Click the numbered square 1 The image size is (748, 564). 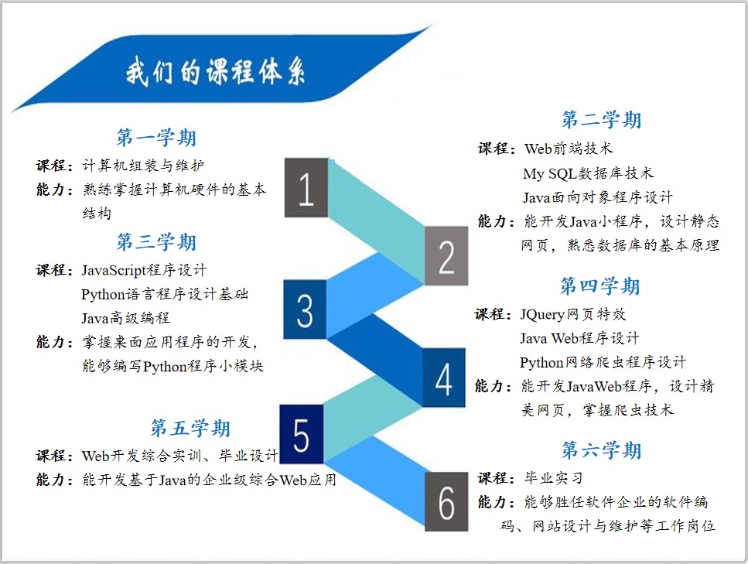coord(306,187)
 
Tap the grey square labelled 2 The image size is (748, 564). coord(446,256)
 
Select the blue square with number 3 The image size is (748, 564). coord(305,309)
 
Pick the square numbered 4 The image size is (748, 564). coord(444,378)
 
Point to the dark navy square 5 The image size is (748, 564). coord(302,434)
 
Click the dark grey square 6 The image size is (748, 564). coord(446,501)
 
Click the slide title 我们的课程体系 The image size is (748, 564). coord(216,72)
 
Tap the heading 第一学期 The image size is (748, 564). coord(156,138)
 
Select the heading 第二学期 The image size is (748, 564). coord(601,119)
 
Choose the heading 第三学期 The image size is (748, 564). coord(156,242)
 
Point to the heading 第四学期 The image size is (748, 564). coord(599,285)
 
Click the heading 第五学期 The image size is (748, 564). coord(190,428)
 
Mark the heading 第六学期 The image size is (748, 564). coord(601,450)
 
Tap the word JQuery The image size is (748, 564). coord(542,315)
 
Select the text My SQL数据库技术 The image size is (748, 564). coord(588,173)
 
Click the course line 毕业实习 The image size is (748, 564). coord(553,477)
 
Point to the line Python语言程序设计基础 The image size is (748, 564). coord(165,295)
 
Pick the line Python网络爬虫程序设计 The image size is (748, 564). coord(603,363)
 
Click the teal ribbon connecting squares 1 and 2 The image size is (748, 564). coord(377,221)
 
